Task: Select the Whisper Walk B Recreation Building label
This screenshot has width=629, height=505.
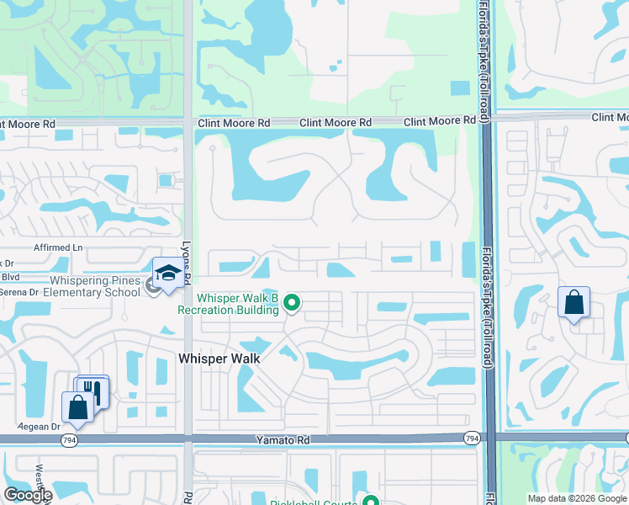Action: (238, 304)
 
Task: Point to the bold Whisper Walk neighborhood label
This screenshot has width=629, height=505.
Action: (219, 359)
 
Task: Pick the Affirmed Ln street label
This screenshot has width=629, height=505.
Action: (58, 248)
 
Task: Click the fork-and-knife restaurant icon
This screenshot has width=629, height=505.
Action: (93, 391)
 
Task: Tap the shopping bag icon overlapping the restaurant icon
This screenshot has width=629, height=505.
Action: (78, 407)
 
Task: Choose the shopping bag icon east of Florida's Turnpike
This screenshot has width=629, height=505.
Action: (573, 303)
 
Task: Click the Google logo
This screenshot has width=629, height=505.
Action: (28, 495)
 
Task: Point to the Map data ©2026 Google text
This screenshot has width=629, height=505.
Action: (577, 498)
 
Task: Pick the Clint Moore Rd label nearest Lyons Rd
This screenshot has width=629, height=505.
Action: (234, 123)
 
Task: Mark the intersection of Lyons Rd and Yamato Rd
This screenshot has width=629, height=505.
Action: (188, 438)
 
